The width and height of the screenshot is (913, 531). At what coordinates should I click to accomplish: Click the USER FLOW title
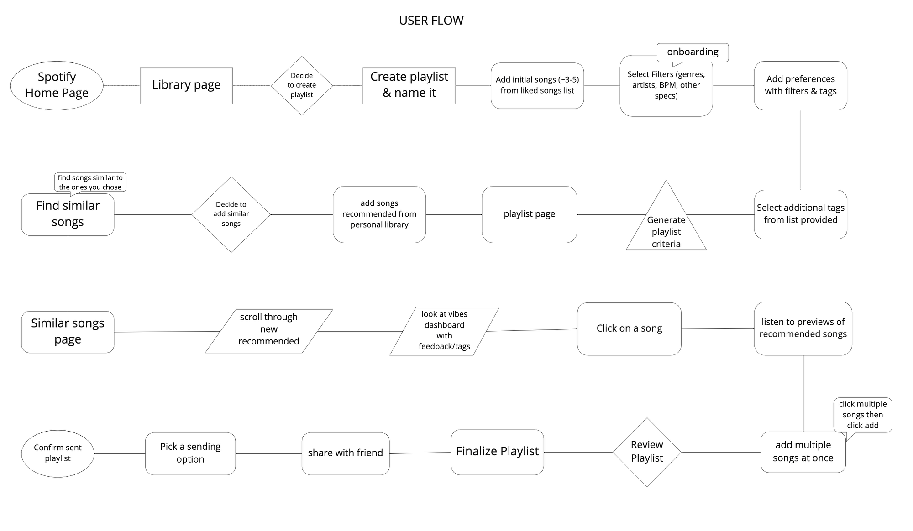click(x=431, y=21)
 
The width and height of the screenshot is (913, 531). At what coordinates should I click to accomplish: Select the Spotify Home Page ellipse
click(x=57, y=85)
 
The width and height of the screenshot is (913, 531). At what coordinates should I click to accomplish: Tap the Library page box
click(x=186, y=85)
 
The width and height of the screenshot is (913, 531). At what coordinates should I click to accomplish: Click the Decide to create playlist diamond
click(x=302, y=85)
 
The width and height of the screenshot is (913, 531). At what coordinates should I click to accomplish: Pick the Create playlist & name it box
click(x=409, y=85)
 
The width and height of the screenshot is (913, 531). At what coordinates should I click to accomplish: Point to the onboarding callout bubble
click(x=693, y=52)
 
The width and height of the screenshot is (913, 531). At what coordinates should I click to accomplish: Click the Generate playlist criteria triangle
click(x=666, y=228)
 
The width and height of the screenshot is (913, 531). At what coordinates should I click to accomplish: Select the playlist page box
click(x=529, y=214)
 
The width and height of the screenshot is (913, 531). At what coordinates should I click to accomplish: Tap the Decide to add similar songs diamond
click(x=231, y=214)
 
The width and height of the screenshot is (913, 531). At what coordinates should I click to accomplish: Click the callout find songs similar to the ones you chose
click(x=90, y=182)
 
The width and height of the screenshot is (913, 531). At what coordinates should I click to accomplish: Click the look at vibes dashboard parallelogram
click(x=444, y=331)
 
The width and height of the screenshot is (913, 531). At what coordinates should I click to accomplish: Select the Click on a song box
click(x=629, y=328)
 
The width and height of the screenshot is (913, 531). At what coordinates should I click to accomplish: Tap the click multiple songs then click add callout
click(x=862, y=414)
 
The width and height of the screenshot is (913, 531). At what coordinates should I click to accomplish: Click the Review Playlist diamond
click(x=647, y=452)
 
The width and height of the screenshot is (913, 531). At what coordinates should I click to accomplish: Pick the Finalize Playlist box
click(x=497, y=452)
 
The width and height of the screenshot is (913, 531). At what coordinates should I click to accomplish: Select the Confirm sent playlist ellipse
click(x=58, y=453)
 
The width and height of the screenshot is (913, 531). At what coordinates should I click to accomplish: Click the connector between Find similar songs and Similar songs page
click(x=68, y=274)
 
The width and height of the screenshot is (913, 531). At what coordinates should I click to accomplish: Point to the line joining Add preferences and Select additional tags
click(x=801, y=151)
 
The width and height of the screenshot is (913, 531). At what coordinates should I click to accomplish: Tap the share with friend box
click(x=346, y=453)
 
